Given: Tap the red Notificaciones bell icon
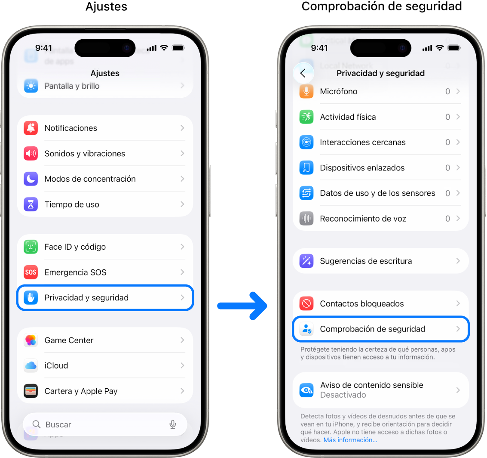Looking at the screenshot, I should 31,128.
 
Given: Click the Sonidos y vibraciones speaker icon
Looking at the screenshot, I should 31,153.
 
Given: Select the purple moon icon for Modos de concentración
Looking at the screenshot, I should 31,179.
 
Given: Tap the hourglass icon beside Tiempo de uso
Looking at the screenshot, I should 31,204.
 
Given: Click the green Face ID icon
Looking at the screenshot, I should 31,247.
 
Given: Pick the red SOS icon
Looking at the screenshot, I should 31,272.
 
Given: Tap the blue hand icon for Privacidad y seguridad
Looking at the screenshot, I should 31,297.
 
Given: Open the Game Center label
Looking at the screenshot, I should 69,340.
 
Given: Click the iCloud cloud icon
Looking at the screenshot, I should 31,365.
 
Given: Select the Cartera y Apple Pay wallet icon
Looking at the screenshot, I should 31,391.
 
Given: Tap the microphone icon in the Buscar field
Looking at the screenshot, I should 173,424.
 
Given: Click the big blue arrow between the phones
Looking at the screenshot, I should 242,306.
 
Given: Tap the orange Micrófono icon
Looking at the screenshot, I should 306,91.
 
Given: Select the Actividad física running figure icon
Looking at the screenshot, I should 306,117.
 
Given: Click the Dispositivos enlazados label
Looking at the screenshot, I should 362,167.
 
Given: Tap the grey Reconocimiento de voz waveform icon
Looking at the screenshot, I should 306,218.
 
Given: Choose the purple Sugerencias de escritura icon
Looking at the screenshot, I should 306,261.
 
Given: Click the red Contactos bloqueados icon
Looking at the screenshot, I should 306,303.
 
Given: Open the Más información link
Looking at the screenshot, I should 350,440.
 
